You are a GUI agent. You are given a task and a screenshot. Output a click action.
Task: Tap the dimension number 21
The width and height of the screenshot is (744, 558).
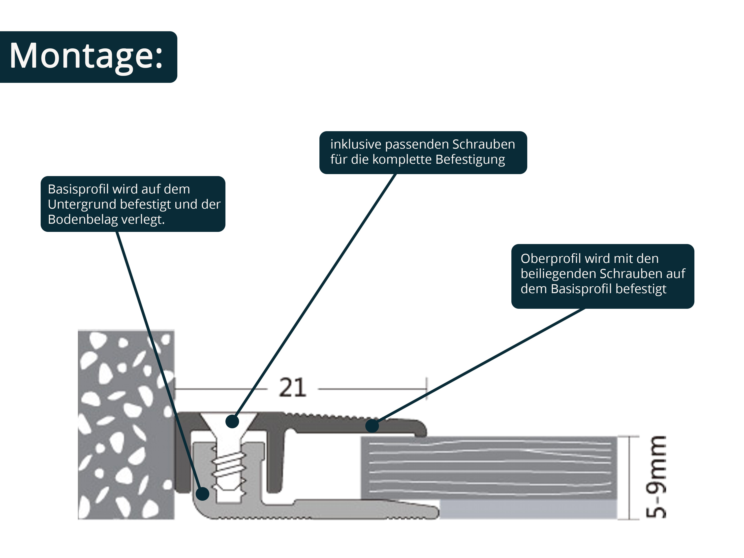pyautogui.click(x=292, y=388)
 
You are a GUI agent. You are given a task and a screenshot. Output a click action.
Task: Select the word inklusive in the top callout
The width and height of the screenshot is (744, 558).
pyautogui.click(x=356, y=144)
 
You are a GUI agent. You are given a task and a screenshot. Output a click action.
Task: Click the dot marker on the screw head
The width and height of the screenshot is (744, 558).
pyautogui.click(x=232, y=421)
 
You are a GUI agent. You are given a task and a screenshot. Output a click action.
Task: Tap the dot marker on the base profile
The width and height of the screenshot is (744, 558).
pyautogui.click(x=202, y=494)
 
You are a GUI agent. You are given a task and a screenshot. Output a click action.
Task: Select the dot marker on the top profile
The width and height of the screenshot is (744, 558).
pyautogui.click(x=372, y=426)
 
